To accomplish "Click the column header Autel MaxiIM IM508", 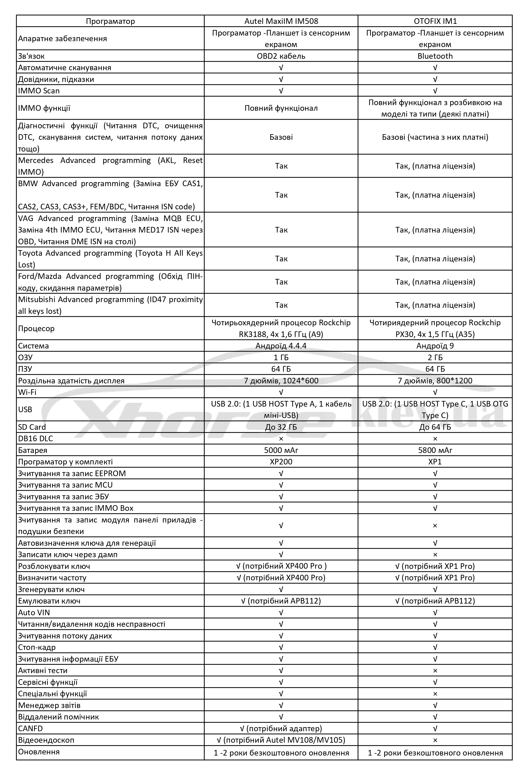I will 281,21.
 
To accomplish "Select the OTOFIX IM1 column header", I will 435,21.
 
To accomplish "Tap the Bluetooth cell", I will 435,56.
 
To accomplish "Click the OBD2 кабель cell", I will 281,56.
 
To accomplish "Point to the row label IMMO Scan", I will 39,91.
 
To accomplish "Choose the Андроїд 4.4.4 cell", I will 281,346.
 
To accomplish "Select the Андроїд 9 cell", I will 435,346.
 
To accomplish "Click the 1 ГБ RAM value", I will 281,357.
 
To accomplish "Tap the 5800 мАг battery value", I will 435,450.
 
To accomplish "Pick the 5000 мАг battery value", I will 281,450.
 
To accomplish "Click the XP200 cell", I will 281,462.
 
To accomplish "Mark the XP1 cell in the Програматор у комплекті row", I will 435,462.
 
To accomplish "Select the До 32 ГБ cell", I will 281,427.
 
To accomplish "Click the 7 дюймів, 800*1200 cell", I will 435,380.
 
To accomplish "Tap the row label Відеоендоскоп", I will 46,740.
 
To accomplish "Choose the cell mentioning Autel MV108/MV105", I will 281,740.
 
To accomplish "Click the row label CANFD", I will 30,728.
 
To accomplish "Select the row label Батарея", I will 32,450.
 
